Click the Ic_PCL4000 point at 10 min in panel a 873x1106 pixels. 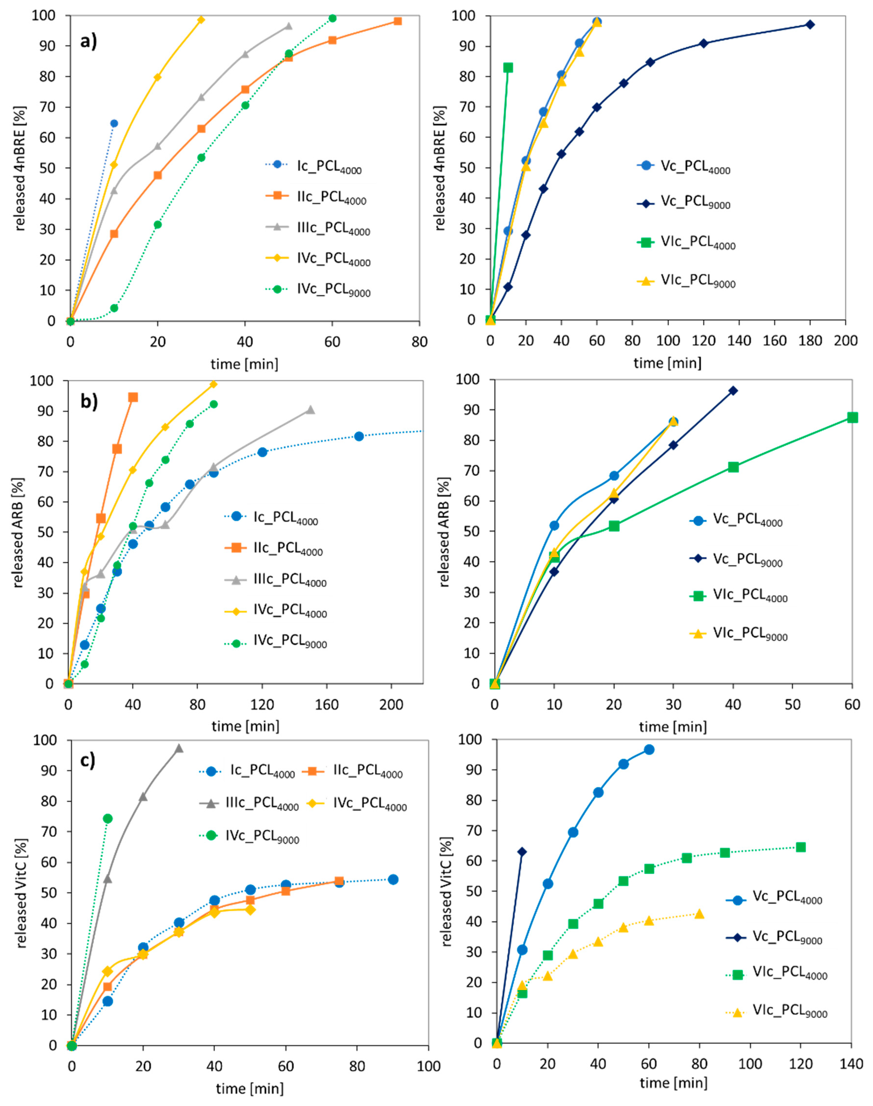114,123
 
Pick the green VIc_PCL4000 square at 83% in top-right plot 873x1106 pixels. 508,68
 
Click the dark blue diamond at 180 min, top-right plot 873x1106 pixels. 810,25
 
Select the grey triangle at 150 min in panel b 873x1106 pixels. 310,410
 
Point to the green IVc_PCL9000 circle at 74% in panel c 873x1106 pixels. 107,819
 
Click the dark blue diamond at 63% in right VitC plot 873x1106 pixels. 522,852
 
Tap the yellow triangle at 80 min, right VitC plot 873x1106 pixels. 699,914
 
